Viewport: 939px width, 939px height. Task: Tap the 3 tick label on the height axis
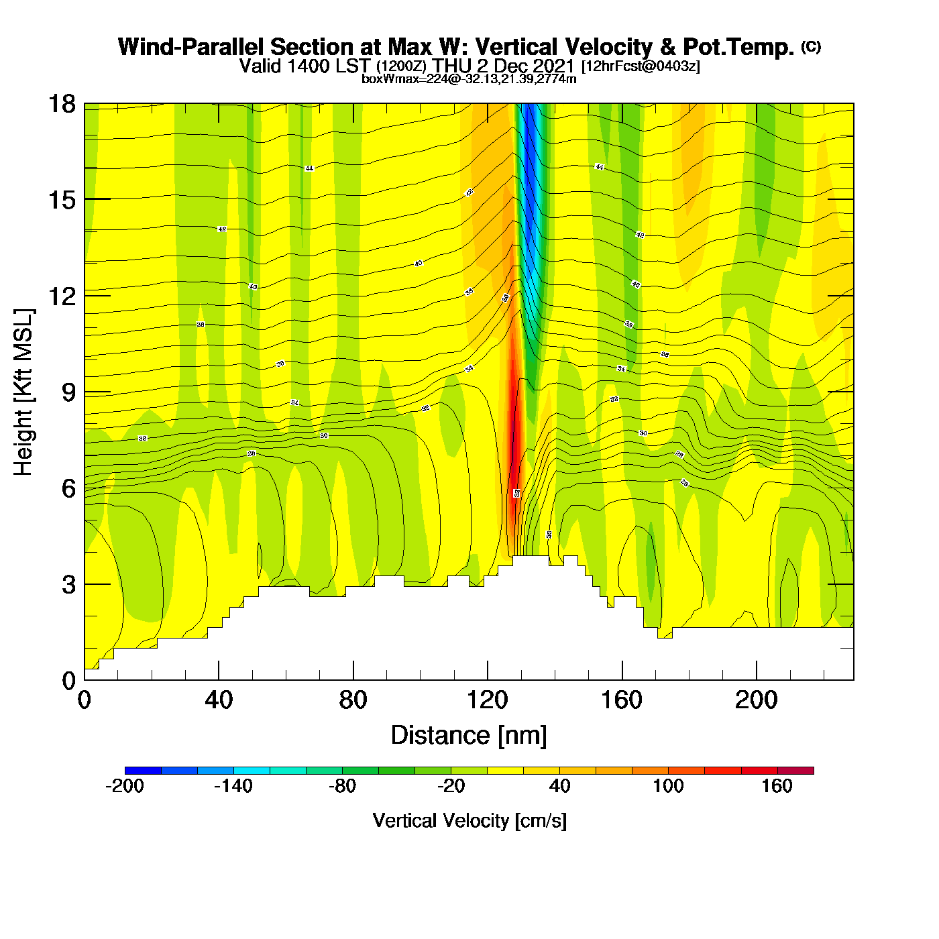click(69, 585)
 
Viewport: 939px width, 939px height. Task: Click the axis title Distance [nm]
click(469, 736)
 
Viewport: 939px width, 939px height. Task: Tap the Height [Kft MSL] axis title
click(24, 392)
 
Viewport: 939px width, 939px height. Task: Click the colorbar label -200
click(125, 787)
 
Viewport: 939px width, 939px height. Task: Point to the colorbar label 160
click(777, 787)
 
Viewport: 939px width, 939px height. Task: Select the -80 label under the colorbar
click(342, 787)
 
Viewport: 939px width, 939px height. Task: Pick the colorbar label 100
click(668, 787)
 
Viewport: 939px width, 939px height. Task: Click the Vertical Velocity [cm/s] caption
click(469, 821)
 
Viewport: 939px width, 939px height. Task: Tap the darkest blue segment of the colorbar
click(143, 771)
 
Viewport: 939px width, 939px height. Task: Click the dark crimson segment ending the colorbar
click(795, 771)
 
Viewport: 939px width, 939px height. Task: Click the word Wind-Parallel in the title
click(192, 48)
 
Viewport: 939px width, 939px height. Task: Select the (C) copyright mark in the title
click(811, 46)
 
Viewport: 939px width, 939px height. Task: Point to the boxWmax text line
click(469, 79)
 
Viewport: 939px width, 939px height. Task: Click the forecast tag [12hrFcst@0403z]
click(640, 66)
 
